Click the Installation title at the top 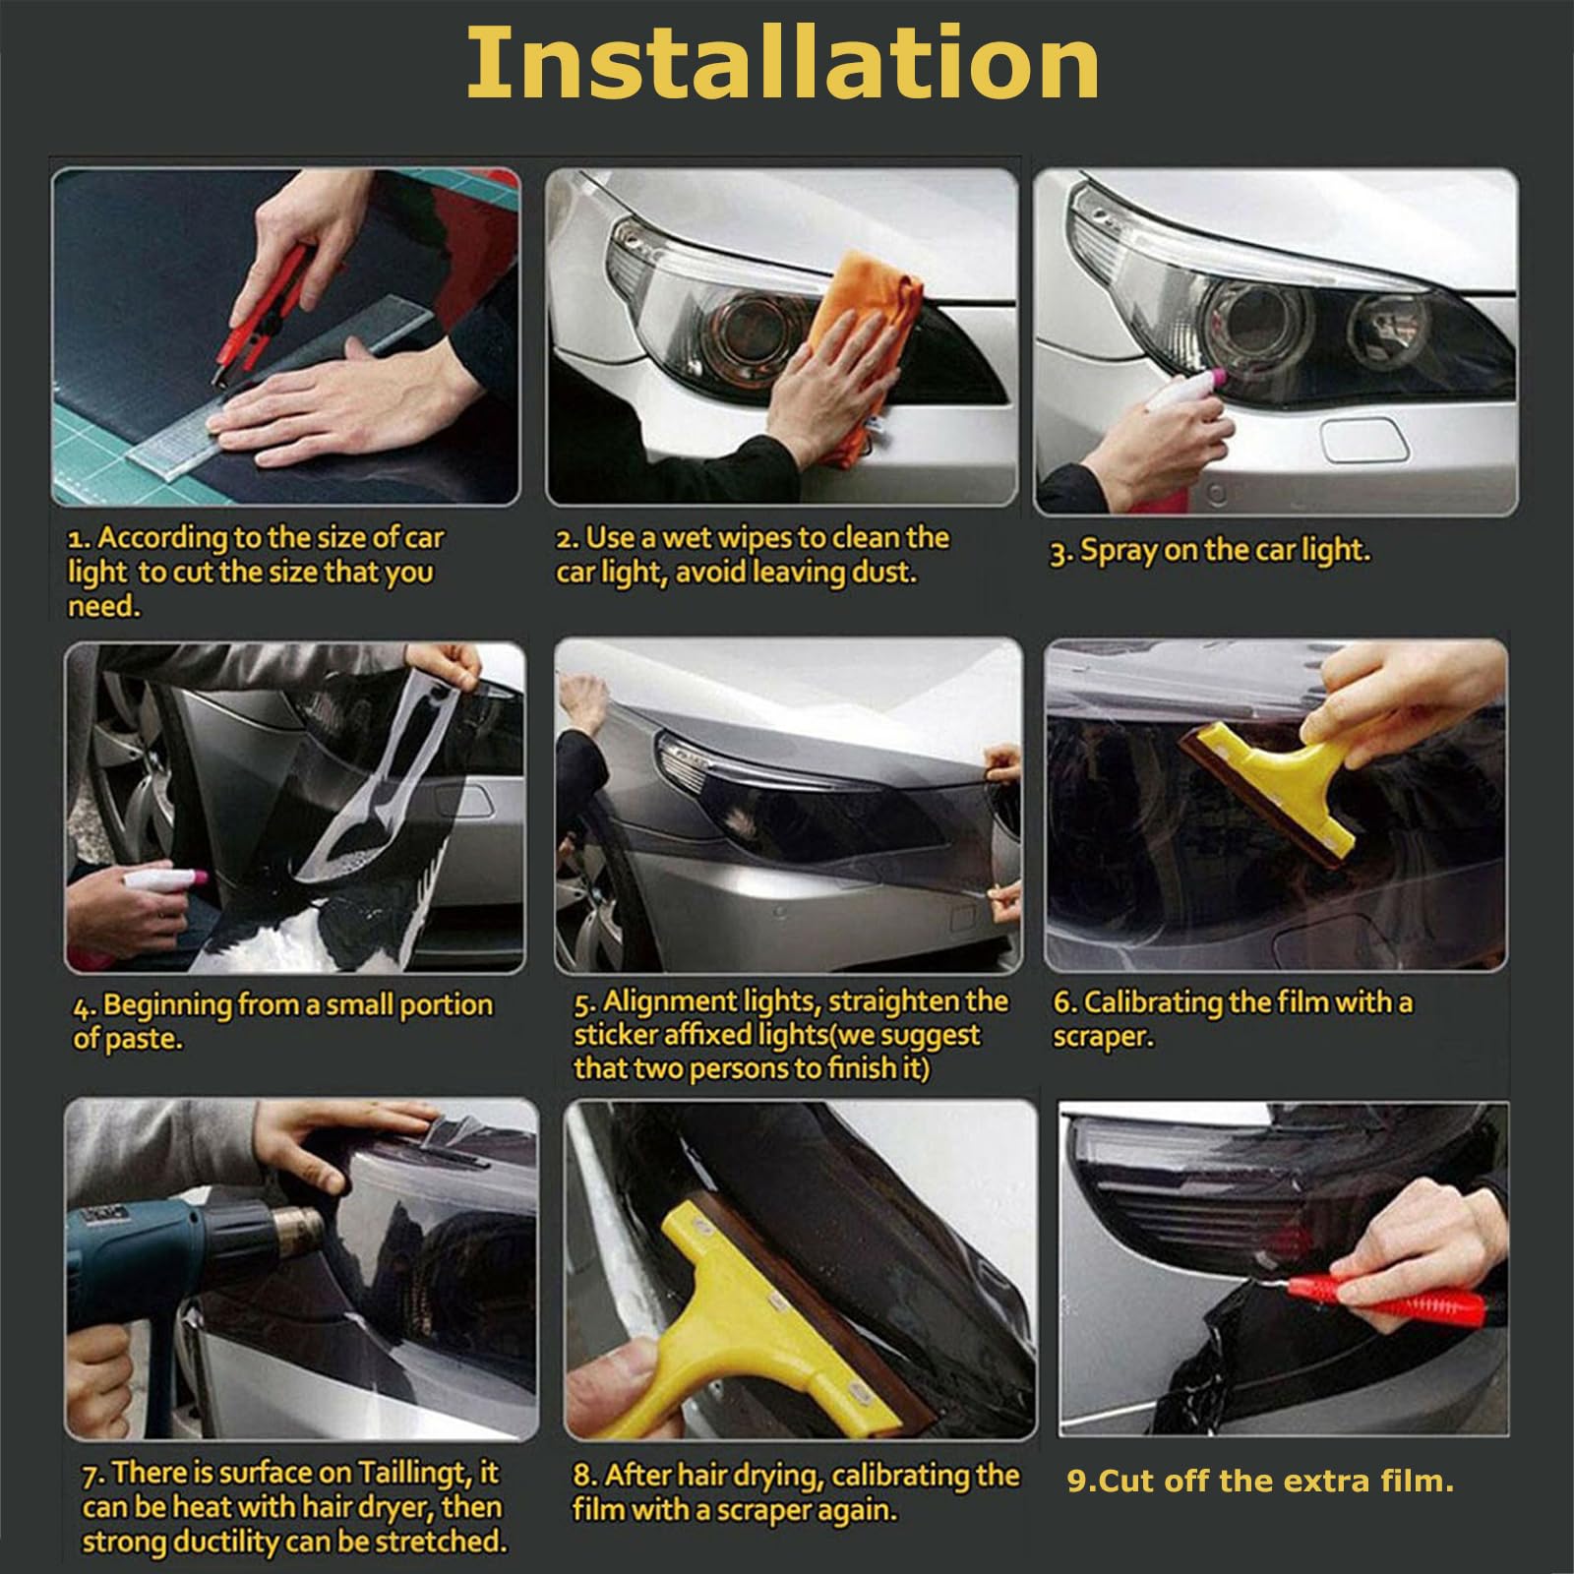coord(782,64)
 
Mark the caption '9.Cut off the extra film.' coord(1260,1482)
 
